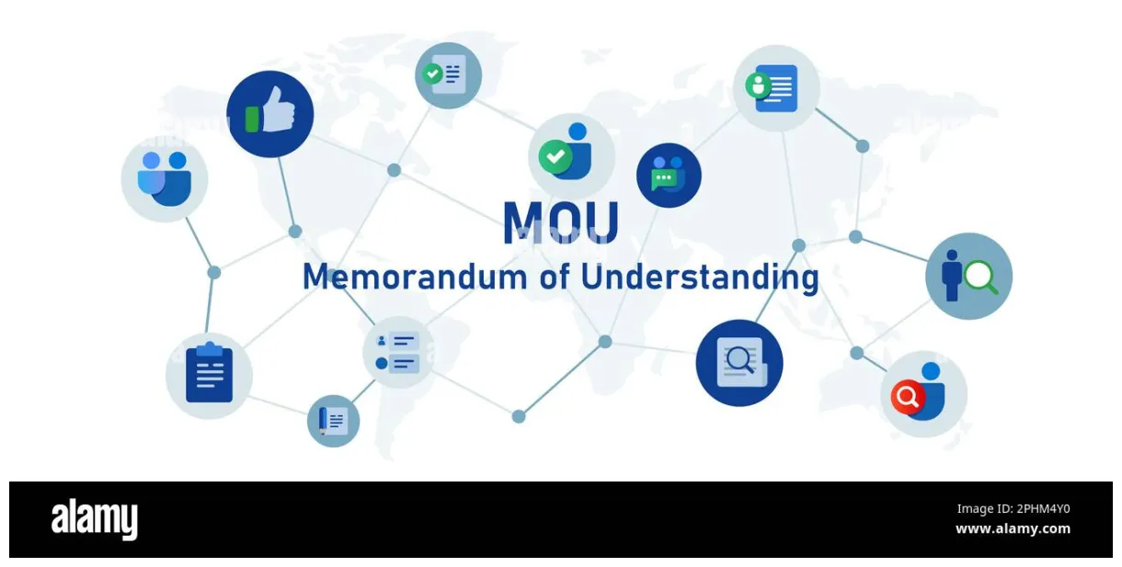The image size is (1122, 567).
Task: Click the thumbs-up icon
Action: pos(269,115)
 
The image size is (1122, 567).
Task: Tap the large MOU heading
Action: pos(560,222)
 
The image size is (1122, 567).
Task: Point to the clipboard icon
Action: pos(209,374)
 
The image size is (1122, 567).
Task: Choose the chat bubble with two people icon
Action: pos(669,175)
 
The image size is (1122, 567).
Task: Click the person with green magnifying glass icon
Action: pos(968,276)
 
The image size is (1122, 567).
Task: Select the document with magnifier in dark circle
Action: pos(738,362)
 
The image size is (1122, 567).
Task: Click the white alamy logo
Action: pos(94,519)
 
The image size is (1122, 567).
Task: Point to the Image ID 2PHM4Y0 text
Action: pos(1013,509)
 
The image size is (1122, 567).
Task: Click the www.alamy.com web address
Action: pos(1013,528)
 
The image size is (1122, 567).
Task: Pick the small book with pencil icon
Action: pos(333,421)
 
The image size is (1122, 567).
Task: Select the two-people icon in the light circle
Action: pos(165,179)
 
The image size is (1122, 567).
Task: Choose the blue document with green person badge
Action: pos(775,87)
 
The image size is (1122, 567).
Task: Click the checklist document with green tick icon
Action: pos(448,74)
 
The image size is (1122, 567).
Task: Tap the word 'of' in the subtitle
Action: pos(556,277)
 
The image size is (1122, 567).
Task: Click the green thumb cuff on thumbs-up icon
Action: pos(252,120)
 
